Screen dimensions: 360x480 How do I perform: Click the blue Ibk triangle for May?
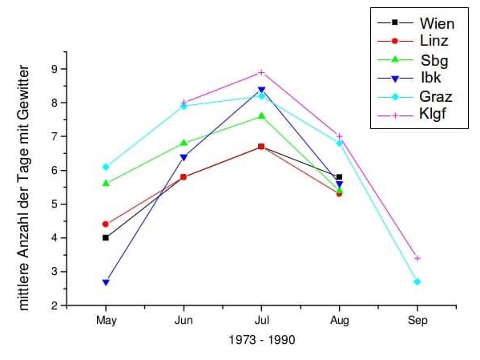(x=106, y=282)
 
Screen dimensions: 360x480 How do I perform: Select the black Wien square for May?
(x=106, y=237)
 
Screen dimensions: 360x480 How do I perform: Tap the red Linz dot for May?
(x=106, y=224)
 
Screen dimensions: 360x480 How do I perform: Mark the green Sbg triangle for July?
(x=261, y=115)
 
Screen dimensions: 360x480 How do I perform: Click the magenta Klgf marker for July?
(x=261, y=72)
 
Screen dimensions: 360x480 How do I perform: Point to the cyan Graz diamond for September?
(x=417, y=282)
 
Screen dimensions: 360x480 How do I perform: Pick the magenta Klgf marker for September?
(x=417, y=258)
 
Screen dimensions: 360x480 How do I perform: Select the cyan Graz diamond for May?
(x=106, y=167)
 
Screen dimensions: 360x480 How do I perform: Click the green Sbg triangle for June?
(x=184, y=143)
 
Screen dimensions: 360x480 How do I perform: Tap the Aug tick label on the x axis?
(x=339, y=320)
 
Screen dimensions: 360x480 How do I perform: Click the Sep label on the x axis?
(x=417, y=320)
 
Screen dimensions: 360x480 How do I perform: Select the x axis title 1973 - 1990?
(x=261, y=340)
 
